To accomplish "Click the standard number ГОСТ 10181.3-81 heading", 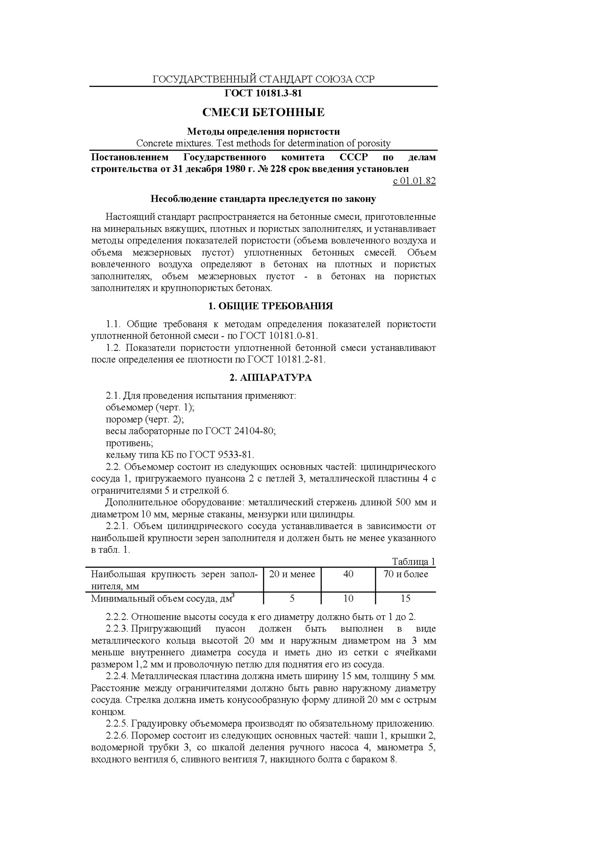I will pos(263,94).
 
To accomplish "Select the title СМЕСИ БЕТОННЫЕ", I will pos(263,113).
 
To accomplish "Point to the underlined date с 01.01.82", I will pos(414,181).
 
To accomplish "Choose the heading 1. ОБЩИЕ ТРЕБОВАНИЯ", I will pos(270,306).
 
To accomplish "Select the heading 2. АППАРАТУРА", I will pos(270,378).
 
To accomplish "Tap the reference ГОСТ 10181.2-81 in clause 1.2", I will pos(285,359).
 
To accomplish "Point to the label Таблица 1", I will pos(414,562).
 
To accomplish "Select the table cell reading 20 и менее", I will pos(292,574).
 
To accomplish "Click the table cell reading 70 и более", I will pos(405,574).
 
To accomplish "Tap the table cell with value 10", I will pos(348,598).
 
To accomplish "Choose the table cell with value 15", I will pos(405,598).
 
